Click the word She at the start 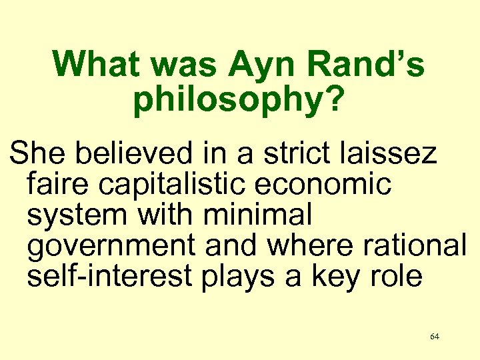[x=35, y=154]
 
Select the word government [x=110, y=246]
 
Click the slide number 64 [x=435, y=337]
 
